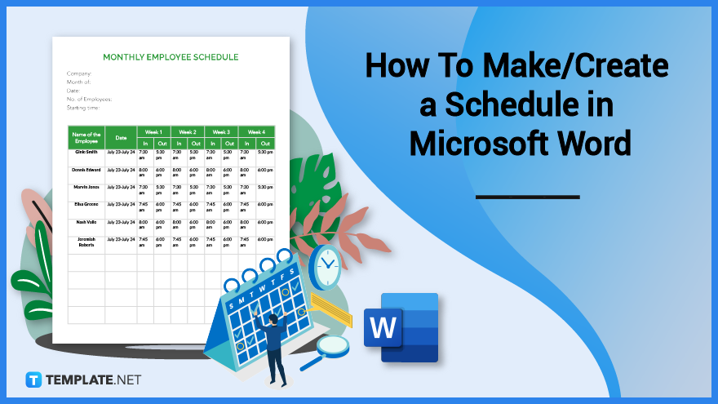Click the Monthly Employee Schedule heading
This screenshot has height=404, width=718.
(171, 57)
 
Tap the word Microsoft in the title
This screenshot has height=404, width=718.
(472, 144)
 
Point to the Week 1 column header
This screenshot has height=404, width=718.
(153, 131)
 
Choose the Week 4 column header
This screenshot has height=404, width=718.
(256, 131)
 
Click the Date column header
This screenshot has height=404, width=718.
(121, 137)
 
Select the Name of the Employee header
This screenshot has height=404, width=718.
(86, 137)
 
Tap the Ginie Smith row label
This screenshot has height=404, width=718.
(86, 152)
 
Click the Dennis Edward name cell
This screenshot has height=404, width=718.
(86, 170)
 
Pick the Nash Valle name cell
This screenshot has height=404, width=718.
(86, 222)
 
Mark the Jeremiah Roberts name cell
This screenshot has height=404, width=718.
(86, 242)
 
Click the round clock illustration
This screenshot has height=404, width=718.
(326, 267)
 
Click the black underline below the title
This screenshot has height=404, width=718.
(527, 197)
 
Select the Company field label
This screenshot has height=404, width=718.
(80, 73)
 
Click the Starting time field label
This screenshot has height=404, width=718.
(83, 107)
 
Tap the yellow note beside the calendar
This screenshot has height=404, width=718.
(330, 309)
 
